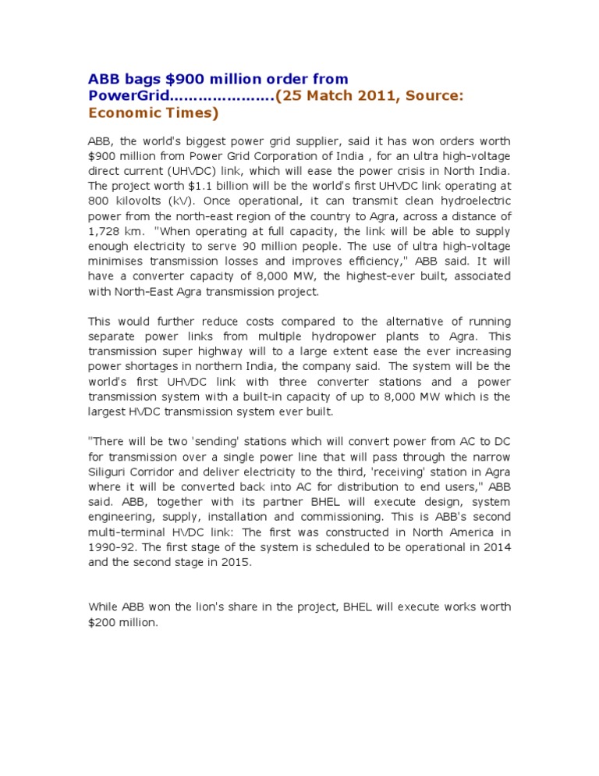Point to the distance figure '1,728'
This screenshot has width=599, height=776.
(105, 231)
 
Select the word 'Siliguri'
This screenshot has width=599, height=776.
(112, 472)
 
